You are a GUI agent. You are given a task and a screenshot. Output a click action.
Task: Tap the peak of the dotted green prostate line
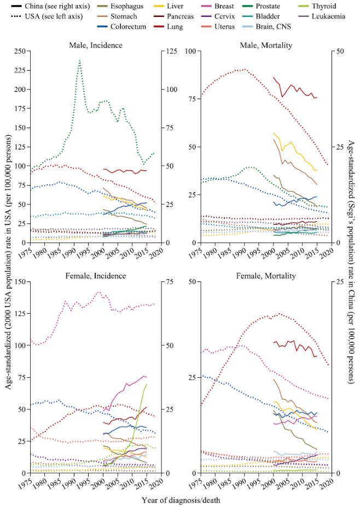pyautogui.click(x=80, y=60)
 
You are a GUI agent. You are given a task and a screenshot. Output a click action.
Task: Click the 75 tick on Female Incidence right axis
pyautogui.click(x=163, y=281)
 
